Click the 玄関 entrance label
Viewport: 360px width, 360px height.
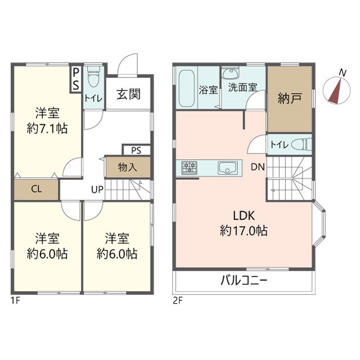click(128, 94)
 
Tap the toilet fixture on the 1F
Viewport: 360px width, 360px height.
click(94, 76)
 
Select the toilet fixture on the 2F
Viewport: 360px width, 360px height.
click(301, 145)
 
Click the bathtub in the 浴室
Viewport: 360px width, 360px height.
click(187, 88)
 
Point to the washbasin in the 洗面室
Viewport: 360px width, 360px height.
click(230, 73)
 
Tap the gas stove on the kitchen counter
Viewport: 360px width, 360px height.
click(190, 168)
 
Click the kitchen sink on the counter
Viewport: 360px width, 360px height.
click(228, 168)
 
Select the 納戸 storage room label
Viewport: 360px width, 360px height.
click(290, 98)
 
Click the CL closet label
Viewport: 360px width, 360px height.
click(37, 189)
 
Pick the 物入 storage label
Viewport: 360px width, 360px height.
click(128, 167)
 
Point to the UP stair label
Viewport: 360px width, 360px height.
click(97, 190)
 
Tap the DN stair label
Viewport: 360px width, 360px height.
click(258, 167)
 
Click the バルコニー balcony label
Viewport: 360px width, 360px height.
click(244, 281)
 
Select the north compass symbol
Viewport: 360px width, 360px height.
click(337, 89)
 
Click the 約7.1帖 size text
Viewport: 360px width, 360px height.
click(47, 129)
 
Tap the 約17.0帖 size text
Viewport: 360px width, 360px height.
click(244, 231)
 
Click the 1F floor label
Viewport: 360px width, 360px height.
click(16, 300)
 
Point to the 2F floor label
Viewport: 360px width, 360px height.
click(178, 300)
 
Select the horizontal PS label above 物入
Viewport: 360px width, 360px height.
click(136, 151)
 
